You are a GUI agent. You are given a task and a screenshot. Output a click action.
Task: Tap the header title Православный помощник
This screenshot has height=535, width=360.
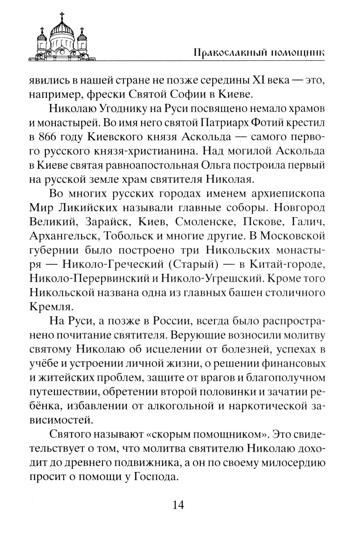pos(258,52)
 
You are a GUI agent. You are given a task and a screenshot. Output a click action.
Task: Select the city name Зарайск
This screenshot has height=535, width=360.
pos(108,222)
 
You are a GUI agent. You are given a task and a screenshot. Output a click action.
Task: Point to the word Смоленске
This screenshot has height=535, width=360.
pos(201,222)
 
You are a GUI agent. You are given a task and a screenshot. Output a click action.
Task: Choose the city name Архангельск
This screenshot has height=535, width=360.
pos(63,236)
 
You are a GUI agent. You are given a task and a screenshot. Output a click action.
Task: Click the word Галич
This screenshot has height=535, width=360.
pos(309,222)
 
